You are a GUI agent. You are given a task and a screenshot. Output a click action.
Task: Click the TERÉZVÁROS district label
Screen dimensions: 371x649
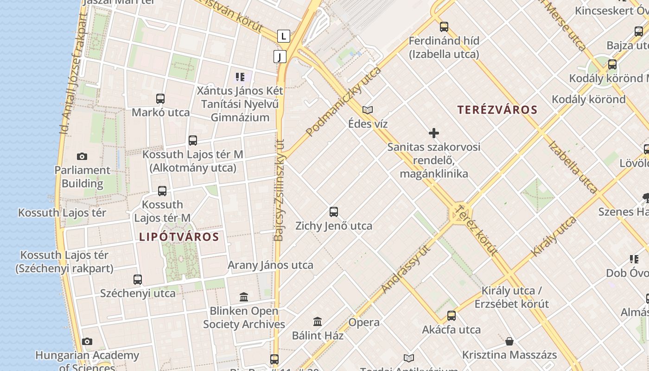click(x=497, y=110)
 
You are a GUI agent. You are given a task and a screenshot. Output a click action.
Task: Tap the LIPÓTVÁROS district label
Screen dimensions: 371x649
click(x=179, y=237)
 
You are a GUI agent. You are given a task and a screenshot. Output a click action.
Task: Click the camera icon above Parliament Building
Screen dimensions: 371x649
click(x=82, y=157)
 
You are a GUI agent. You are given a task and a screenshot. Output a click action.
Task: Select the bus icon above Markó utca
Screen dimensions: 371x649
click(x=160, y=99)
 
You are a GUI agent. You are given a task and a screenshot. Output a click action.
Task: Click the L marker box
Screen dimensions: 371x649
click(x=284, y=36)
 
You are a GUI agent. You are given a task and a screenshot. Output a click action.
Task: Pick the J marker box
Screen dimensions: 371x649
click(x=280, y=57)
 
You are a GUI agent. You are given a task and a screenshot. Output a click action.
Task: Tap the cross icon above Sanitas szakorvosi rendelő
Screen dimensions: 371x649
click(x=434, y=134)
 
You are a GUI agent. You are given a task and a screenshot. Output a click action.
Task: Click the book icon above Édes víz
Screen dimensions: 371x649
click(x=368, y=110)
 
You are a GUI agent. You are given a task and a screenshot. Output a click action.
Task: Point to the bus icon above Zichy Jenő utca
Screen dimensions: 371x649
click(x=334, y=212)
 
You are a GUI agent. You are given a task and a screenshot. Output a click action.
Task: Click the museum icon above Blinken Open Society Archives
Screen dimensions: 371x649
click(x=244, y=297)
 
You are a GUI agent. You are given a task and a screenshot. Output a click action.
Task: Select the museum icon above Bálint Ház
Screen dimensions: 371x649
click(x=318, y=321)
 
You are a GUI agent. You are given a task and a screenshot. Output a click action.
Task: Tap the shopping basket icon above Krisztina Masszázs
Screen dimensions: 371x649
click(x=509, y=342)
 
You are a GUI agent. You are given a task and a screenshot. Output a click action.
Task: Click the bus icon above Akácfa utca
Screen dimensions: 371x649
click(x=452, y=316)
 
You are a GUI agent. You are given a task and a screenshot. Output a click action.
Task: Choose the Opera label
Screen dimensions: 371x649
click(x=364, y=322)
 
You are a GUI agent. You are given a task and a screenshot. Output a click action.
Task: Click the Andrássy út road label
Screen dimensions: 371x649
click(x=406, y=269)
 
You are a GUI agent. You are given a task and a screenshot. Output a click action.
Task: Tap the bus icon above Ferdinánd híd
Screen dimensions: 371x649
click(x=444, y=27)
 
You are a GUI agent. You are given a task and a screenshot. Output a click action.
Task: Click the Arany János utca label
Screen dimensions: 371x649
click(x=270, y=265)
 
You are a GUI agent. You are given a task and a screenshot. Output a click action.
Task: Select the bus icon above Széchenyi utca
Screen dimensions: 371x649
click(x=138, y=280)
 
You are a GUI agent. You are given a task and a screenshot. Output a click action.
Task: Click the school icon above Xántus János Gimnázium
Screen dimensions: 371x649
click(x=240, y=77)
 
